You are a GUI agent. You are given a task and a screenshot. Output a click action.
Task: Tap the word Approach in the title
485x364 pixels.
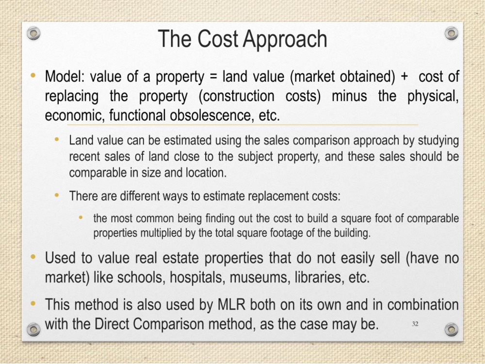tap(285, 39)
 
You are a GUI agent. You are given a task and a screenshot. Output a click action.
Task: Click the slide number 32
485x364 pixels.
tap(415, 323)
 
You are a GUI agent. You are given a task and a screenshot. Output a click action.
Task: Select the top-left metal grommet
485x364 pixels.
tap(33, 33)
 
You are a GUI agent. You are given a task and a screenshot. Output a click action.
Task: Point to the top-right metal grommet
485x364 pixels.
tap(451, 33)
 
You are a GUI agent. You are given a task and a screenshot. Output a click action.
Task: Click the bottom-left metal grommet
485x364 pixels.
tap(33, 330)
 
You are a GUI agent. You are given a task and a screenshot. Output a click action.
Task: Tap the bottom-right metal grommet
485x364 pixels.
tap(451, 330)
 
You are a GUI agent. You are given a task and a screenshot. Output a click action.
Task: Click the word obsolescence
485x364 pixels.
tap(210, 115)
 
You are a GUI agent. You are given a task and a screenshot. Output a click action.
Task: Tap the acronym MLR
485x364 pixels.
tap(231, 305)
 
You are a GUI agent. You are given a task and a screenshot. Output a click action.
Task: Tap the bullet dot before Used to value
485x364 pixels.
tap(33, 257)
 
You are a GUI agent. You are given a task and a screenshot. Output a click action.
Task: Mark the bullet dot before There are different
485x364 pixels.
tap(57, 195)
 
